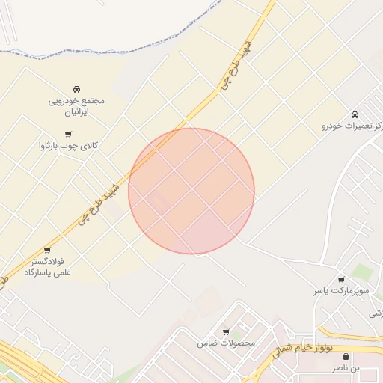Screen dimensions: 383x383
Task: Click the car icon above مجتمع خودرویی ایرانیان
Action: [x=78, y=88]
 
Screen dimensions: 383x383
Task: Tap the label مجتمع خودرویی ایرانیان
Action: [x=77, y=105]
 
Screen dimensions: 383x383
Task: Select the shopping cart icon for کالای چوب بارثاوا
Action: [x=68, y=135]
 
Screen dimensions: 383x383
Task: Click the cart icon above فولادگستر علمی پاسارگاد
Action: [x=48, y=250]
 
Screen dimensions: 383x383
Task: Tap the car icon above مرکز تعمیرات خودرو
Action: [x=354, y=114]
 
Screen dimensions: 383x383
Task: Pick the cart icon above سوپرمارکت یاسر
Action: [x=341, y=279]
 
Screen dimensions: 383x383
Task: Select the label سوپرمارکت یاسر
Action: [x=340, y=291]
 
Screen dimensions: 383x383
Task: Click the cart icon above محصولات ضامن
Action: [x=226, y=331]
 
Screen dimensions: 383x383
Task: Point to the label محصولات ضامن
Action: [x=226, y=343]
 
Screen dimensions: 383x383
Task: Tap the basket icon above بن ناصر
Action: [x=345, y=357]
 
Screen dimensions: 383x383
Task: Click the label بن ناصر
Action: [x=346, y=368]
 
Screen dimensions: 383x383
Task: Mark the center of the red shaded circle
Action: [x=191, y=191]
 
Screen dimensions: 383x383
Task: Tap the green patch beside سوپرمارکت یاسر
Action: [x=364, y=272]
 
